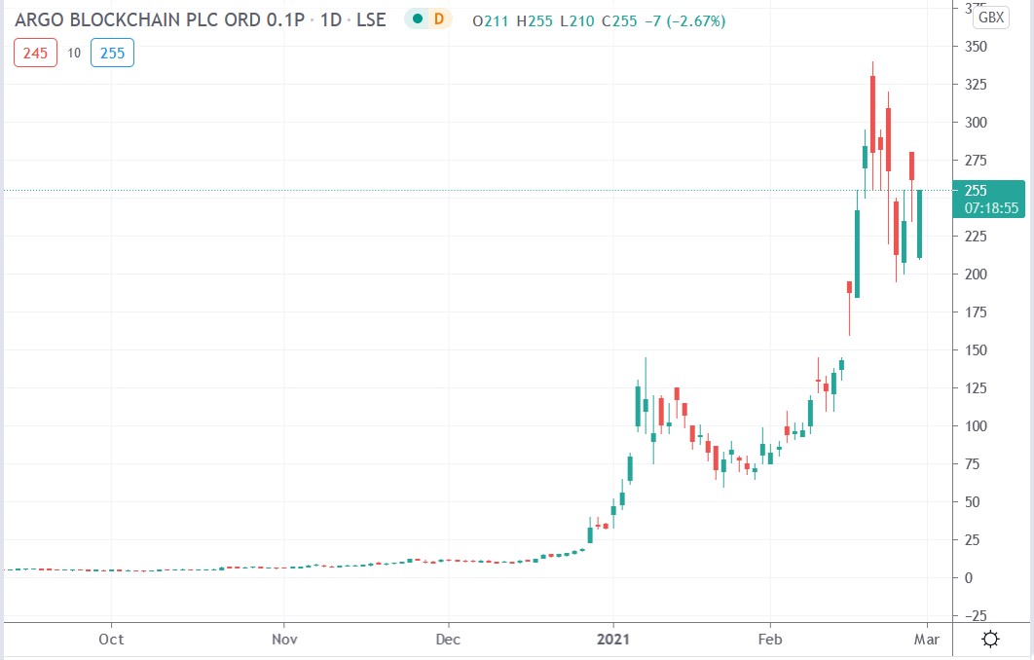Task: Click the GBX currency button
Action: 991,17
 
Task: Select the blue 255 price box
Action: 112,53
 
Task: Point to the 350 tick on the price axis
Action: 976,47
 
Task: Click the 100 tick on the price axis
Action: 976,426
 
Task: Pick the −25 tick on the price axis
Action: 976,615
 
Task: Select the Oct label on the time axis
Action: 112,640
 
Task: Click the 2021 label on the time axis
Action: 613,640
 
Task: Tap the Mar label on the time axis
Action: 926,640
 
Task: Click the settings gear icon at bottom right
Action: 991,640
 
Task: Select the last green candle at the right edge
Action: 919,224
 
